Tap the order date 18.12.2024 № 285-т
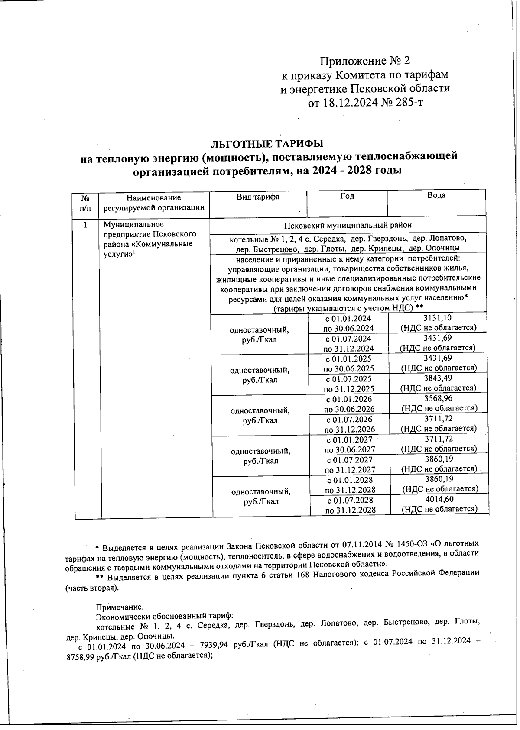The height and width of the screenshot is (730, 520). [x=377, y=103]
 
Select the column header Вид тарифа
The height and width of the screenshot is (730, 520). [x=258, y=197]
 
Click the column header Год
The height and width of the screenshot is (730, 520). [x=347, y=196]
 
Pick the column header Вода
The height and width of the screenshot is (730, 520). [x=436, y=195]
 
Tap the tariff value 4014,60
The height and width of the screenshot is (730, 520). [x=440, y=499]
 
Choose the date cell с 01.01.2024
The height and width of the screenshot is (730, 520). [x=348, y=318]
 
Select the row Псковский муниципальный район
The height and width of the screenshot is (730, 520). [x=348, y=225]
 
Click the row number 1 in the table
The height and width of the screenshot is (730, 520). [x=86, y=225]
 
